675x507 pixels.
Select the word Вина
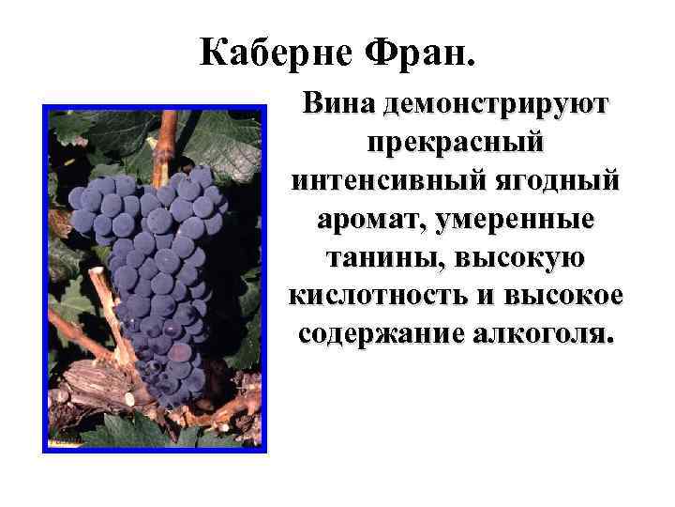(x=338, y=103)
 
